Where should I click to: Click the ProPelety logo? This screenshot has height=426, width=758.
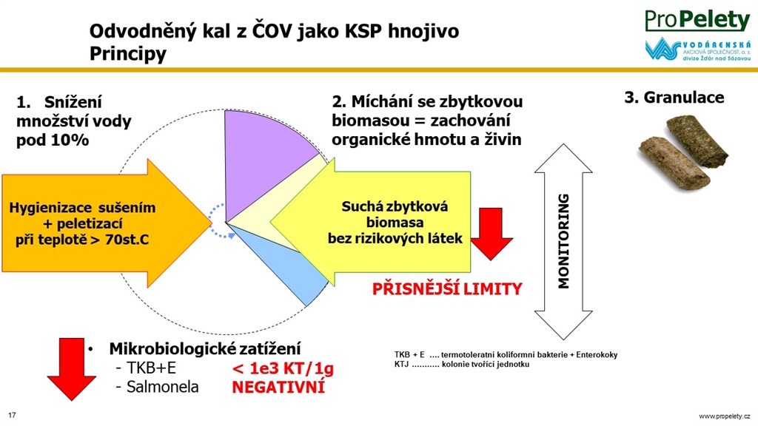point(697,20)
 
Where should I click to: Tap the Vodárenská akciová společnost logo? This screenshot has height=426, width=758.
point(697,49)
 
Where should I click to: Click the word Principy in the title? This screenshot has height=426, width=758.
point(127,53)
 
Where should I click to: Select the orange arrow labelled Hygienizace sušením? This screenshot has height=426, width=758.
point(107,223)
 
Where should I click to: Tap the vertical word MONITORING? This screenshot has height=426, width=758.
point(563,241)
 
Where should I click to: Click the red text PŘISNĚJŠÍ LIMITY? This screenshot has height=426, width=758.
point(447,289)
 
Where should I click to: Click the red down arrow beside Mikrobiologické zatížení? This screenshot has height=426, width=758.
point(72,369)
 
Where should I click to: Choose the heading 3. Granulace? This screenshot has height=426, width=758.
point(674,97)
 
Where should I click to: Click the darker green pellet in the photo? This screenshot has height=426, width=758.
point(697,141)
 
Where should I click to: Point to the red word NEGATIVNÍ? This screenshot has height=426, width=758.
point(278,387)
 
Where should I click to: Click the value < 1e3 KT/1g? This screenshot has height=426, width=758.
point(284,368)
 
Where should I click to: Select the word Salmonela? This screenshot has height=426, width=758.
point(162,387)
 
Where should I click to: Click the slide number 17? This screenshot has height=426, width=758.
point(12,416)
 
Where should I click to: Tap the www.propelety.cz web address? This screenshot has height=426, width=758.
point(724,416)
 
